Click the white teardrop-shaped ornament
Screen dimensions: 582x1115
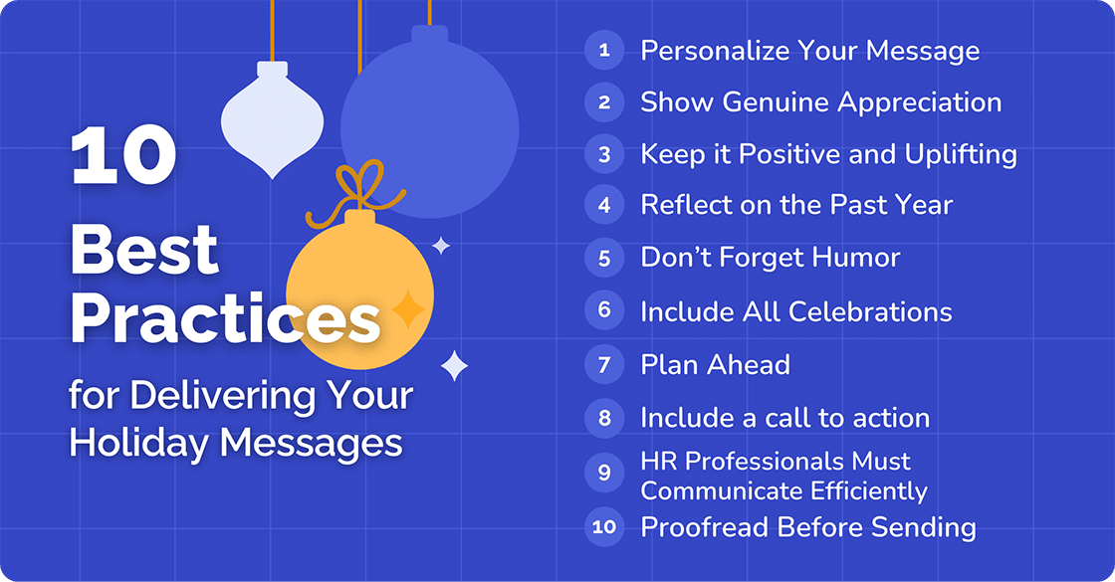click(x=273, y=120)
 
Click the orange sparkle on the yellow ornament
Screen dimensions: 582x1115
click(x=407, y=309)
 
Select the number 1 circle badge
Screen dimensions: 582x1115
click(x=604, y=50)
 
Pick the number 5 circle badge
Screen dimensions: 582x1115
click(x=604, y=258)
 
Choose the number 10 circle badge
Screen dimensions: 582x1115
click(x=604, y=526)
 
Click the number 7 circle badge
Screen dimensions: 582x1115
click(x=604, y=364)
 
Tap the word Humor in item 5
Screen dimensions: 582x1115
click(x=853, y=258)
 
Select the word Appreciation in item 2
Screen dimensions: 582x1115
click(x=918, y=102)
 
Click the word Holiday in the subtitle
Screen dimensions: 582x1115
click(x=140, y=441)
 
